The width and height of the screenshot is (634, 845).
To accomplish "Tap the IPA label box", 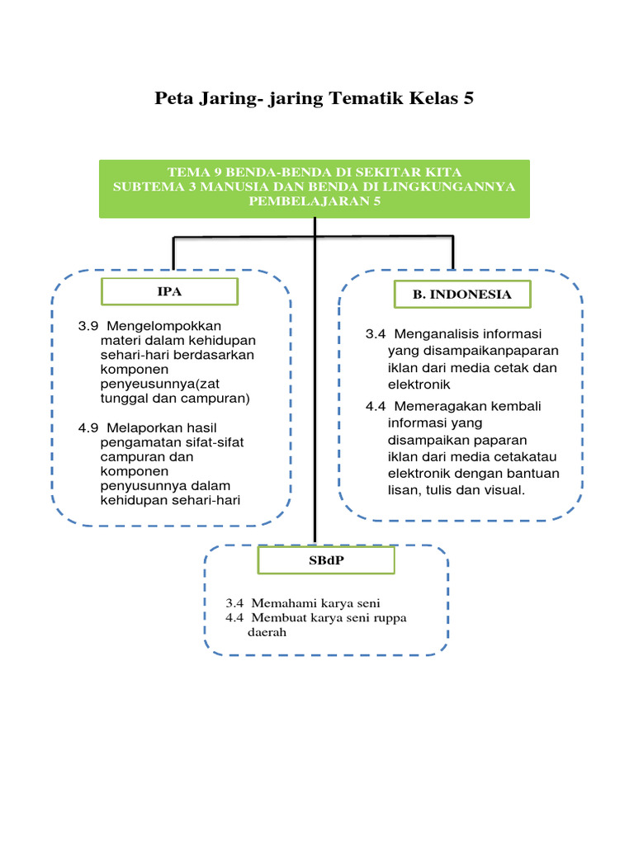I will [x=169, y=291].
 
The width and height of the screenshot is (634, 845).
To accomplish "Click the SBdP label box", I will [x=326, y=561].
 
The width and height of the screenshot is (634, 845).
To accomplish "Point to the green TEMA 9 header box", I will [x=315, y=188].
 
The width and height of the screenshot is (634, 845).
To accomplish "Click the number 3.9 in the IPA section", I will [x=88, y=325].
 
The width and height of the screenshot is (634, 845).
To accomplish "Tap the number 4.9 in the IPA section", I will [x=88, y=427].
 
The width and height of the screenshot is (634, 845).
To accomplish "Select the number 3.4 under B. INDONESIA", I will [x=376, y=334].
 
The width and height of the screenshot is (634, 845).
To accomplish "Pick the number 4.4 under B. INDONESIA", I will [x=376, y=407].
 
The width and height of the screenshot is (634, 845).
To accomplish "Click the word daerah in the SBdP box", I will [x=267, y=633].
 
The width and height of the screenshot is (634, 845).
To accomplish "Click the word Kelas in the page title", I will [x=431, y=98].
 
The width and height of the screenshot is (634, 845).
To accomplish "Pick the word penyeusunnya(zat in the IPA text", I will [x=152, y=384].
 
